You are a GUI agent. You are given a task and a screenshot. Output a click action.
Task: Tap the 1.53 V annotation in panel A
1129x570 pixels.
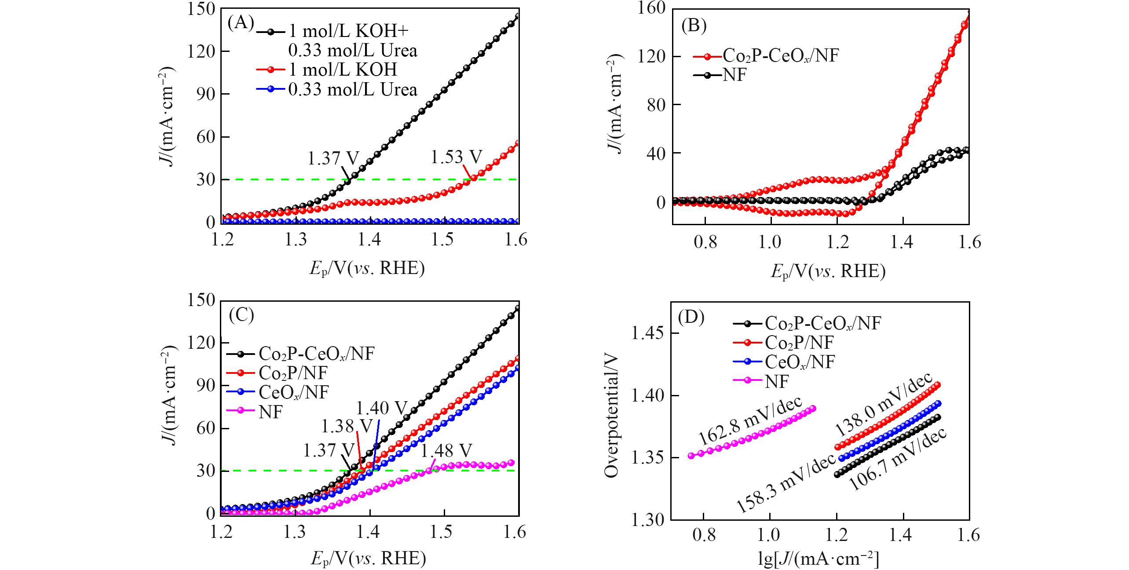coord(456,157)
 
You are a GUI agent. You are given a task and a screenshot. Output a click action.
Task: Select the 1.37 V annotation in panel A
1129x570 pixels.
coord(333,159)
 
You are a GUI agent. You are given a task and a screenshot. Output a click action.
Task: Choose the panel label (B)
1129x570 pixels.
coord(694,27)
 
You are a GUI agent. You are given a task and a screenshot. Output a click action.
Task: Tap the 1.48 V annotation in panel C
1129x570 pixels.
coord(446,451)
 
